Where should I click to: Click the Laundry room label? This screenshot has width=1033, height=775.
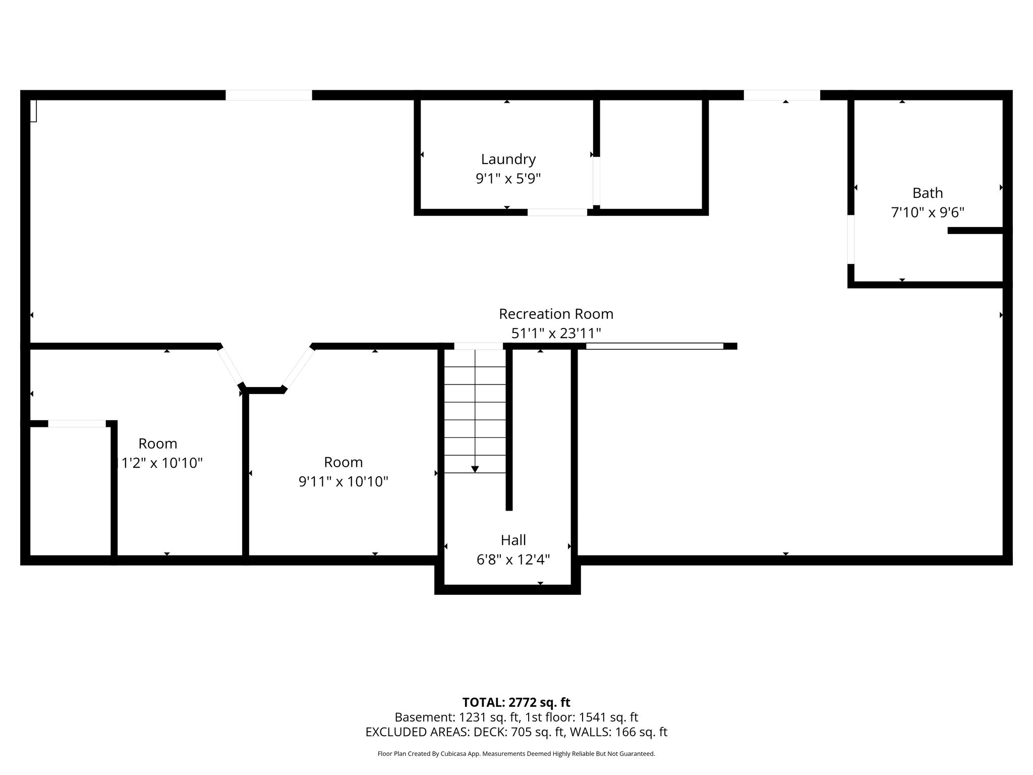tap(508, 159)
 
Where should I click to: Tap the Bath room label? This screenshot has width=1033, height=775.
tap(928, 193)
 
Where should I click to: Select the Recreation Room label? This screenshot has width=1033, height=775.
tap(556, 314)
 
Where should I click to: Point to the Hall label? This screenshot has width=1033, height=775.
tap(513, 540)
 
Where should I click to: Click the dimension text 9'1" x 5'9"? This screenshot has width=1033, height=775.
tap(508, 179)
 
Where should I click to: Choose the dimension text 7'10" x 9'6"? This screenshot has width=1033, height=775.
tap(928, 212)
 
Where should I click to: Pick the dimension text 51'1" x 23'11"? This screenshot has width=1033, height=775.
tap(556, 333)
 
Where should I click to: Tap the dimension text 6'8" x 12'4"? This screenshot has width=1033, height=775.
tap(513, 560)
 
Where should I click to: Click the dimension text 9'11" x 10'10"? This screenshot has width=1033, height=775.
tap(343, 481)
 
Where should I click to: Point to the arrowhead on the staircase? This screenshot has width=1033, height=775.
tap(475, 470)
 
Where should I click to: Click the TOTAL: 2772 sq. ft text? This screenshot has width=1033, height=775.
tap(516, 702)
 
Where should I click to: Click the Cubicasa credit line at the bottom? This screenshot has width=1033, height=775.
tap(516, 754)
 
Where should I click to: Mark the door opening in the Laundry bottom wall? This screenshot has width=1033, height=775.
tap(557, 212)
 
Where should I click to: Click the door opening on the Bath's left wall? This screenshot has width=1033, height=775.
tap(851, 239)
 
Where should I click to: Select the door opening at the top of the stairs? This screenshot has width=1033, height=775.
tap(479, 346)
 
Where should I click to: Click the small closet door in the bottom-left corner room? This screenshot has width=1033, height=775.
tap(77, 424)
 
